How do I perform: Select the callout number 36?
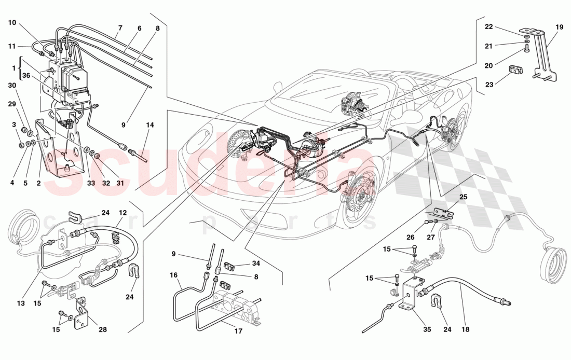click(x=26, y=75)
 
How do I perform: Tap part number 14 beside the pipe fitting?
click(x=151, y=125)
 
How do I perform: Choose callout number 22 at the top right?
click(x=489, y=27)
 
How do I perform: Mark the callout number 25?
click(x=464, y=197)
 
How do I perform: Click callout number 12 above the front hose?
click(x=123, y=212)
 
